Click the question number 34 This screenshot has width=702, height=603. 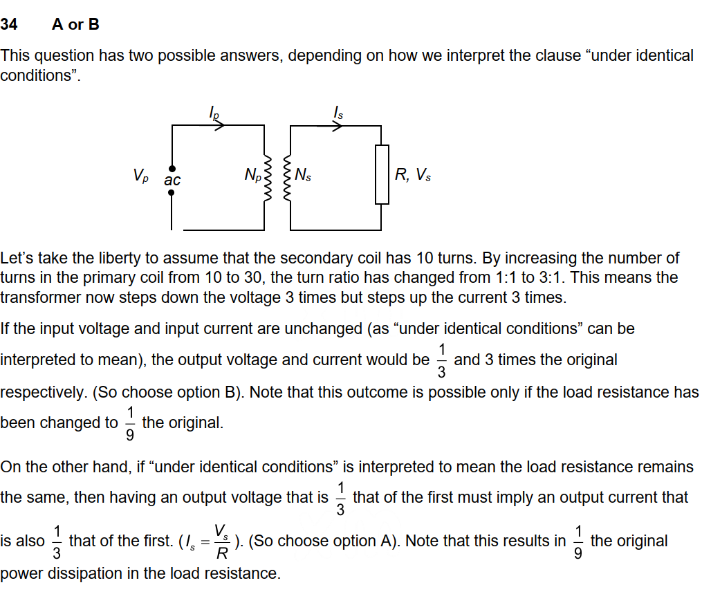coord(9,25)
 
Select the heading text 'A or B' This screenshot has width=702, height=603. coord(75,25)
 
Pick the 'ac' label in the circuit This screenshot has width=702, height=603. coord(172,180)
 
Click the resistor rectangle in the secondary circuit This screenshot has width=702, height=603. coord(382,174)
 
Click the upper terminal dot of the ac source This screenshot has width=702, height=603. coord(172,168)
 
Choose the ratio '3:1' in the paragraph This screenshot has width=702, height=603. coord(573,278)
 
